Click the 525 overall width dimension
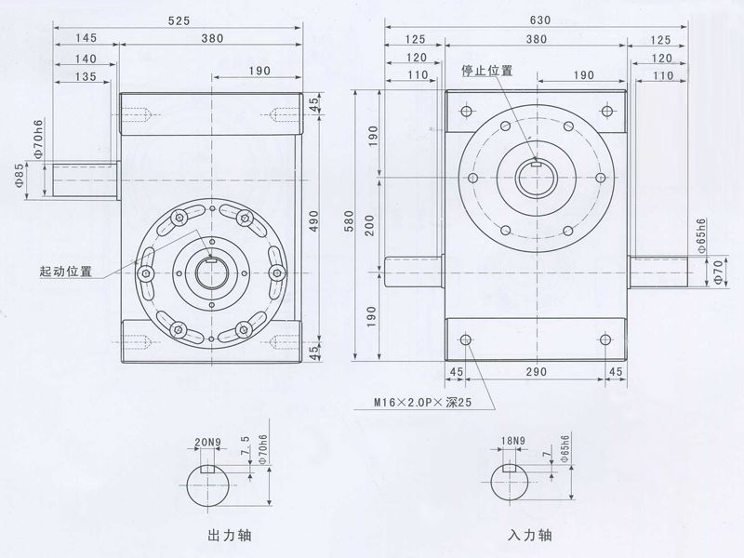tap(179, 20)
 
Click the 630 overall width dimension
tap(540, 20)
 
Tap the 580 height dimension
tap(350, 220)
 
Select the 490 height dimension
tap(313, 221)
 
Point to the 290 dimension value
tap(537, 372)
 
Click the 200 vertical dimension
tap(369, 225)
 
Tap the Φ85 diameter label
tap(19, 176)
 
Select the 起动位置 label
tap(65, 272)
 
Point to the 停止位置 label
tap(487, 71)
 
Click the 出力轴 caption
tap(229, 536)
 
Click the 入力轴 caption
tap(529, 536)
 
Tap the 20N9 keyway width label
tap(207, 443)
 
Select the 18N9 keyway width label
tap(513, 441)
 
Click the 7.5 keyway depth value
tap(245, 446)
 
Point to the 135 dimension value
tap(86, 76)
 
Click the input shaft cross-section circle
tap(509, 483)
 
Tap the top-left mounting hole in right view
tap(466, 111)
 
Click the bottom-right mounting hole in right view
tap(605, 339)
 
